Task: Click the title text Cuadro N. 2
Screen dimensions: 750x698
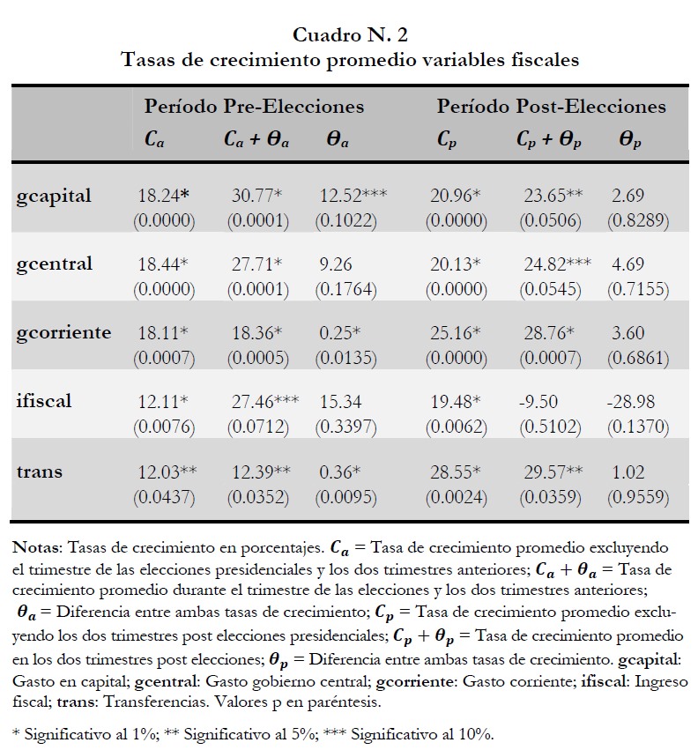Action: click(x=350, y=35)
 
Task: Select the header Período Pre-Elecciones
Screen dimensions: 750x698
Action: click(x=254, y=107)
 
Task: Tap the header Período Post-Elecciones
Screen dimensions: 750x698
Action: click(x=551, y=107)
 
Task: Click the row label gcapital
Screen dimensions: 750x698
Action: click(x=54, y=197)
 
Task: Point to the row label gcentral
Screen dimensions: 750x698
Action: click(x=54, y=264)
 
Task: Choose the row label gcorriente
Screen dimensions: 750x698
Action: click(x=63, y=332)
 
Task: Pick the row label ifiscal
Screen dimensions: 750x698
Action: click(x=43, y=401)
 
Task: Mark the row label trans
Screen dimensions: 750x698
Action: click(x=40, y=472)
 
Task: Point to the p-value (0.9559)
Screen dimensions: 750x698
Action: click(x=637, y=497)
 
